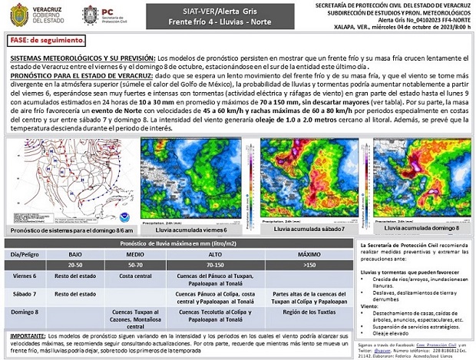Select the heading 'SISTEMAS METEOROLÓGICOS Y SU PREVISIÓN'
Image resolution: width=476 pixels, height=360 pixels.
pos(82,58)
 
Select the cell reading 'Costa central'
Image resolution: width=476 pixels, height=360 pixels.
pos(135,275)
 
